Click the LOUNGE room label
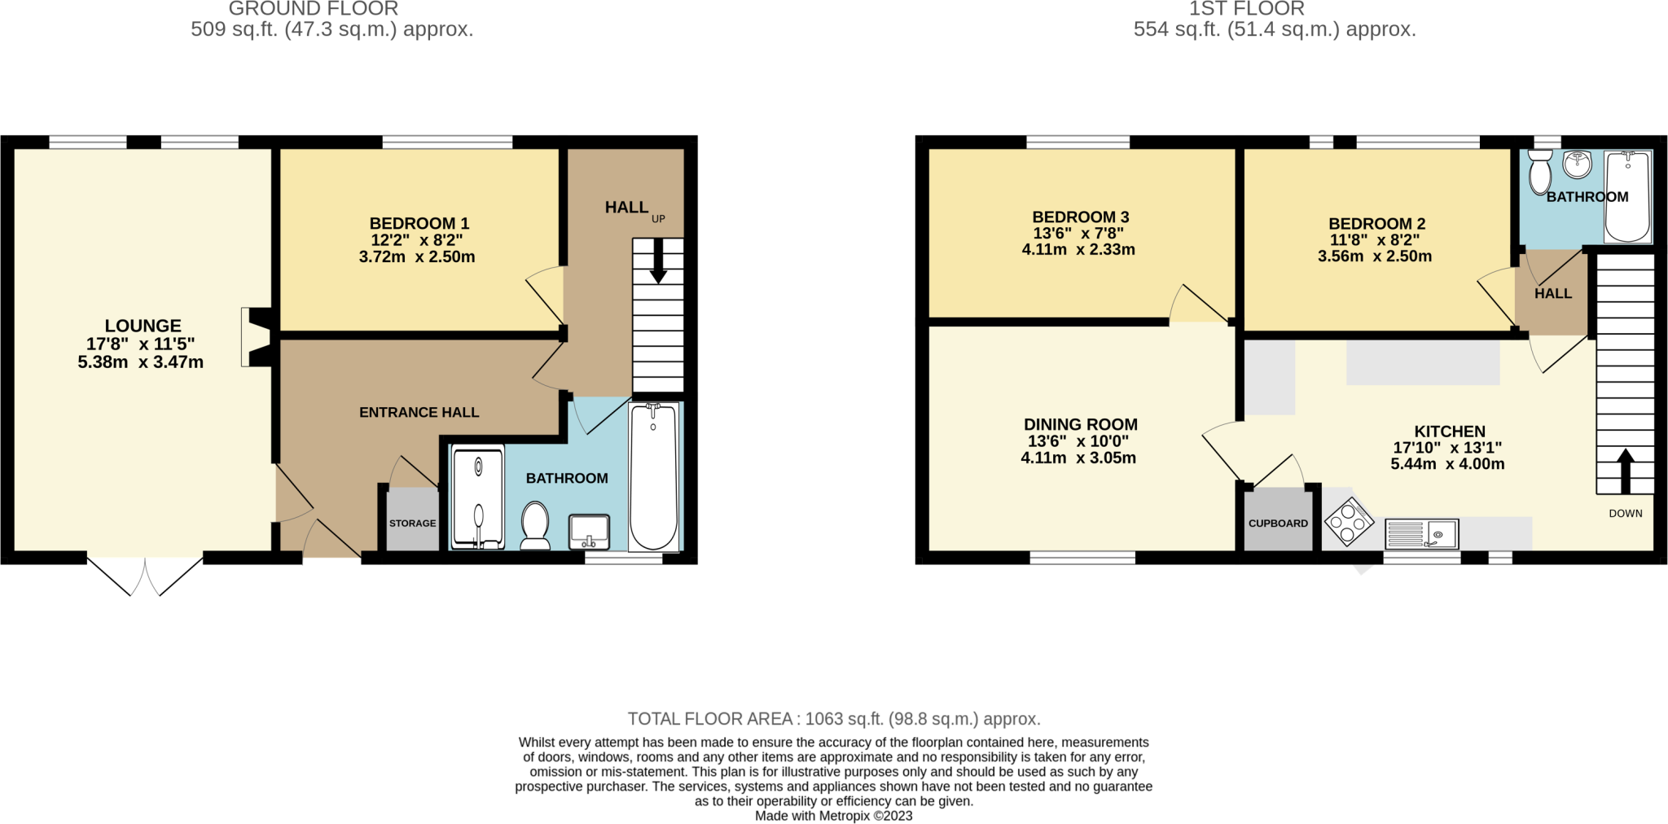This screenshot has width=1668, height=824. tap(143, 326)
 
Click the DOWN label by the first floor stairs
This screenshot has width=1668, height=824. tap(1625, 513)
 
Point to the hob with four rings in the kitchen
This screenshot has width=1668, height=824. tap(1349, 522)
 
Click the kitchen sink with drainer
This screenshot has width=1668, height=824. tap(1421, 534)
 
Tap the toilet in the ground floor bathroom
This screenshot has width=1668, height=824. tap(535, 525)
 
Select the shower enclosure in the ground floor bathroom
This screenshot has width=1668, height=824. tap(477, 496)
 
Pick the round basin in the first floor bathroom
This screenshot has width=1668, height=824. tap(1578, 163)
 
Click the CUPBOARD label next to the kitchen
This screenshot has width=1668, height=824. tap(1278, 524)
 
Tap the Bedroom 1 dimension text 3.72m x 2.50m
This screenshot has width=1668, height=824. tap(416, 256)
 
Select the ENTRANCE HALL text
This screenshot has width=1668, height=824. tap(419, 413)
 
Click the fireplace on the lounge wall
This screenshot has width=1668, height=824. tap(257, 336)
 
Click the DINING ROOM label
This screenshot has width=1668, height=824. tap(1080, 424)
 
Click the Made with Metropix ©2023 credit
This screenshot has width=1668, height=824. tap(833, 815)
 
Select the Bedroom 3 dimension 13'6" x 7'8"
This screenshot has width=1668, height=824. tap(1078, 233)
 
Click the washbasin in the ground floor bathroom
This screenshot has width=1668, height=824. tap(589, 531)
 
